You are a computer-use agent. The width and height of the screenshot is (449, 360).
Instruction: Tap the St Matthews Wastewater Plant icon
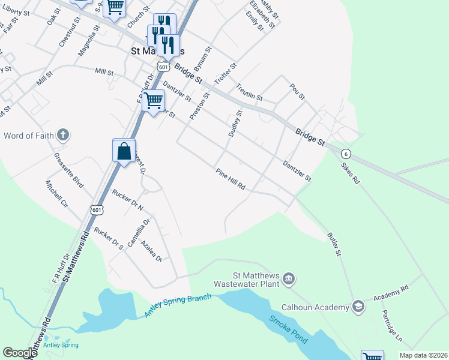289,278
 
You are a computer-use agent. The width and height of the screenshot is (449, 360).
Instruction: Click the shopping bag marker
124,151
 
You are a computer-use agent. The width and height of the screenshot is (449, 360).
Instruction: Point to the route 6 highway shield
346,154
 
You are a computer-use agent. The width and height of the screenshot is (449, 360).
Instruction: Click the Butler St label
334,245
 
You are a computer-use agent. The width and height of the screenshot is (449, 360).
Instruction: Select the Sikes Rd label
350,172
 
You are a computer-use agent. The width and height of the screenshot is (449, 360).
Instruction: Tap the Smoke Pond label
288,329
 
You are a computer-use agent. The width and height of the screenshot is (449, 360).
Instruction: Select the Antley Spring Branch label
178,306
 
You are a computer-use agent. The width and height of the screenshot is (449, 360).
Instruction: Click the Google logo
20,353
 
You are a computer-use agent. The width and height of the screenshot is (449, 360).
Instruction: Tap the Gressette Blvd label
68,170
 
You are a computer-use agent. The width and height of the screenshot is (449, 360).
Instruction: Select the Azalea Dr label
151,251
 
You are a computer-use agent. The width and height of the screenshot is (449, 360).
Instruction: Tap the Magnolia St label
87,41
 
